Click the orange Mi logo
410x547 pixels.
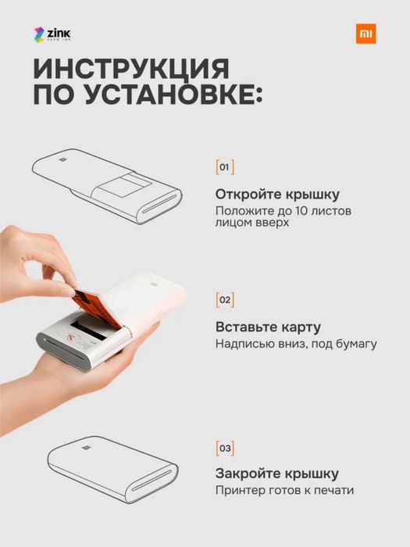pyautogui.click(x=365, y=34)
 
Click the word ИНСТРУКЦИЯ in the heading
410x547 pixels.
pyautogui.click(x=131, y=69)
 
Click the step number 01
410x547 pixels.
pyautogui.click(x=224, y=167)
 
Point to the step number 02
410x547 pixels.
pyautogui.click(x=224, y=300)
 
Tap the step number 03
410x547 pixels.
pyautogui.click(x=224, y=449)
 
